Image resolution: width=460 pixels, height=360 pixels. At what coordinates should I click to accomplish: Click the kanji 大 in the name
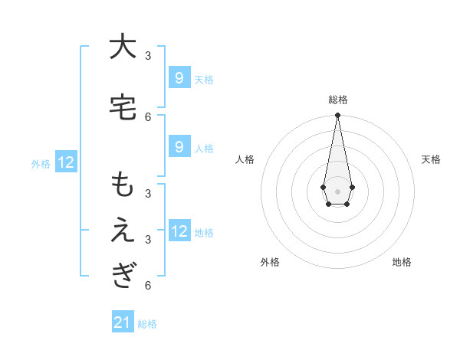coord(122,47)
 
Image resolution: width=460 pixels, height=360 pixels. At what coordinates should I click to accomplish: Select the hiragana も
coord(122,186)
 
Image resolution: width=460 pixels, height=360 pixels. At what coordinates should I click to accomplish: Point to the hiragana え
coord(122,231)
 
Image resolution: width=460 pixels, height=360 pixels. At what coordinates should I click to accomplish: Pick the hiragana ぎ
coord(122,275)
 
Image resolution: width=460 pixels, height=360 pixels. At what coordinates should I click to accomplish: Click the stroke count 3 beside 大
coord(148,56)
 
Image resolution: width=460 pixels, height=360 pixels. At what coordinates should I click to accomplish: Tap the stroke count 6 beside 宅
coord(148,116)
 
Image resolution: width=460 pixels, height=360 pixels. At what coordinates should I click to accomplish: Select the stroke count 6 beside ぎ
coord(148,286)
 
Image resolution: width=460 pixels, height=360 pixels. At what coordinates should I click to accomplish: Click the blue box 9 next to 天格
coord(179,78)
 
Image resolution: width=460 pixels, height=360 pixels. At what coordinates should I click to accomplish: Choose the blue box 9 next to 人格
coord(179,147)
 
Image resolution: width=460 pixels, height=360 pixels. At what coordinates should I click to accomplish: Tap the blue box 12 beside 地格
coord(179,231)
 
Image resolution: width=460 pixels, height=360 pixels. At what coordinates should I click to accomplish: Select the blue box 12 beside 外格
coord(66,162)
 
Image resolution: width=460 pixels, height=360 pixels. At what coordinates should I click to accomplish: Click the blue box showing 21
coord(123,322)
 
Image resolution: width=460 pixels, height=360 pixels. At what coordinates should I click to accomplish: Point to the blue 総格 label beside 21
coord(147,324)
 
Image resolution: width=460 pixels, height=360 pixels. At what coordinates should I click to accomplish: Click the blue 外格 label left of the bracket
coord(41,163)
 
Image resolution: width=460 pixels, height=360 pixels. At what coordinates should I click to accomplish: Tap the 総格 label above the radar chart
coord(337,100)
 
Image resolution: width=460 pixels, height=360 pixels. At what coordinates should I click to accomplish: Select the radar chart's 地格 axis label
coord(402,262)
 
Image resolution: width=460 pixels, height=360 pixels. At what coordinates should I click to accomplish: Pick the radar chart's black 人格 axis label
coord(245,159)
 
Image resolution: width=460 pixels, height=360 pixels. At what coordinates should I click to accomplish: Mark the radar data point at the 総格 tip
coord(337,115)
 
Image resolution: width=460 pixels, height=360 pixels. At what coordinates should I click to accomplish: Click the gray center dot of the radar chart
coord(337,190)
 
